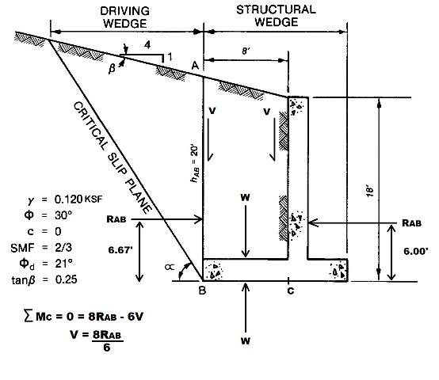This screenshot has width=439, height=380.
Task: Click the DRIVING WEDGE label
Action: [125, 17]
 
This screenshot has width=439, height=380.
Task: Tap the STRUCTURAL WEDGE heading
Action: [277, 16]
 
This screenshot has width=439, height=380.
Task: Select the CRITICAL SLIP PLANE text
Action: [113, 158]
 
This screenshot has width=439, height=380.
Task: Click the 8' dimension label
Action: [246, 51]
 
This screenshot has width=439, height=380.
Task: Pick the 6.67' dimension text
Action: [120, 249]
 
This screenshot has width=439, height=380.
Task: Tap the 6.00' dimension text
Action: [416, 251]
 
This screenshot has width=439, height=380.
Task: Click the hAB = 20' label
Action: [195, 164]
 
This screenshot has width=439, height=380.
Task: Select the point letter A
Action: [195, 66]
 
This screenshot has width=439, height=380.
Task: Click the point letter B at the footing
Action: [202, 291]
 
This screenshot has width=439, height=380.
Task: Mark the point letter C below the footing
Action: [291, 291]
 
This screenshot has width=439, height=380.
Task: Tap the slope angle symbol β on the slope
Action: [112, 69]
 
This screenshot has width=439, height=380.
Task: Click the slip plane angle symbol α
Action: [170, 268]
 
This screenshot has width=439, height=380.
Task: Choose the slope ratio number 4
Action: [147, 44]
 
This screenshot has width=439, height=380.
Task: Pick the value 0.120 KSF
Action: [78, 199]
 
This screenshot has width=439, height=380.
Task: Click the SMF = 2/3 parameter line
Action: [41, 248]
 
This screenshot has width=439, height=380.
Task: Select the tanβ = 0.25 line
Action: [44, 279]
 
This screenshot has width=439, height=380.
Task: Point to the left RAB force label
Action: [116, 219]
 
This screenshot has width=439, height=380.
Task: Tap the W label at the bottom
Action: [246, 341]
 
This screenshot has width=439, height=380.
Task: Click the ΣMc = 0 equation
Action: [84, 316]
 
